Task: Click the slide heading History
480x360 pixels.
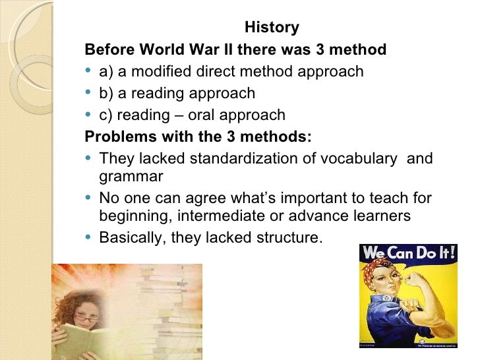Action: (272, 28)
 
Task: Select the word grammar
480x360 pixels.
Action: (131, 177)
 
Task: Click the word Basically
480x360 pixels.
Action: (132, 237)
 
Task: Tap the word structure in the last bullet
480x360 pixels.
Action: (291, 237)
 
